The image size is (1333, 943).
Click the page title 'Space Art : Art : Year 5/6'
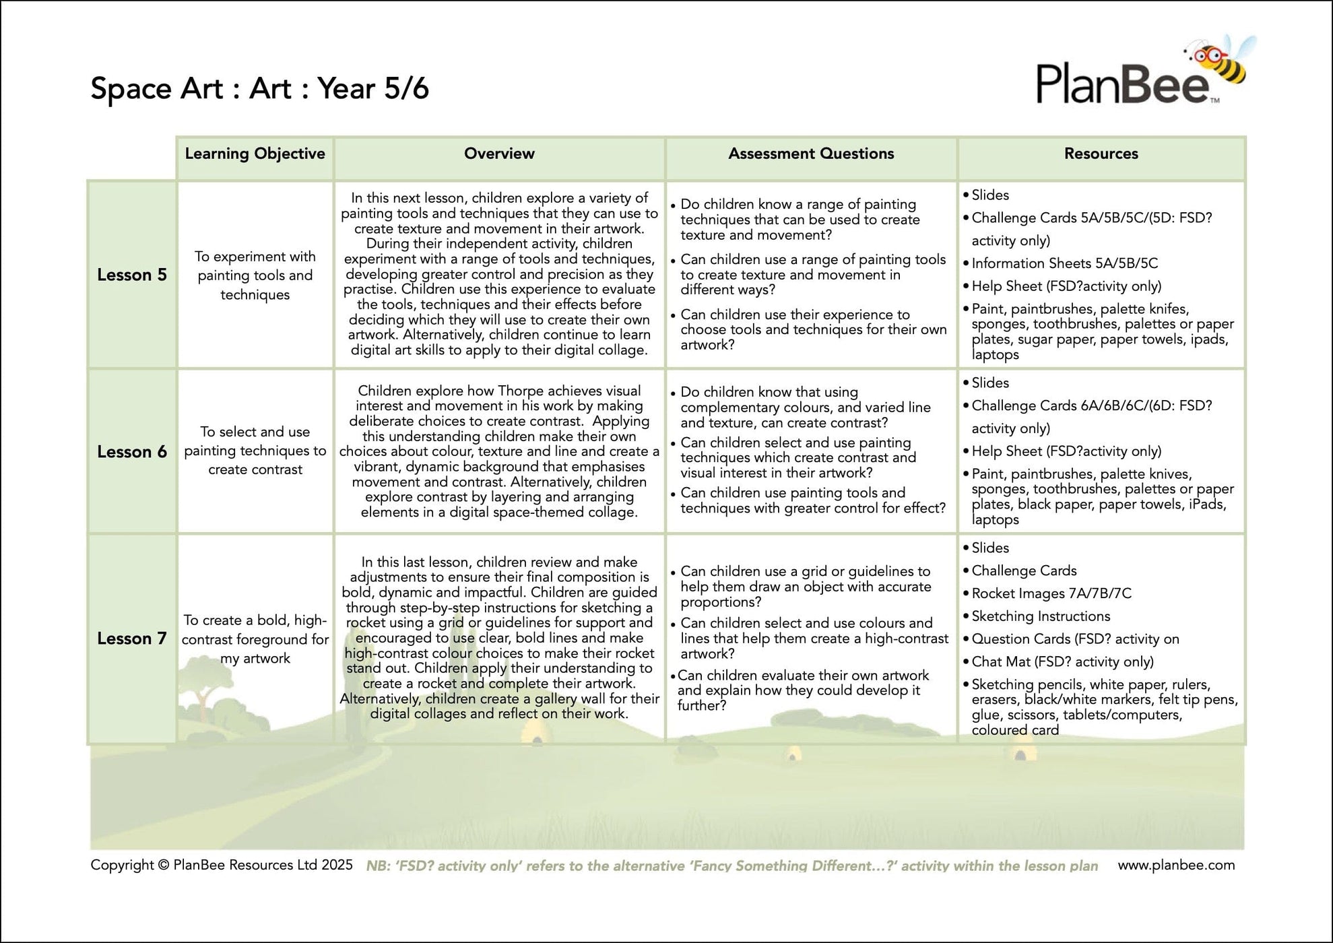pyautogui.click(x=259, y=88)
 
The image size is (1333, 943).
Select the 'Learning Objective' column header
pyautogui.click(x=255, y=154)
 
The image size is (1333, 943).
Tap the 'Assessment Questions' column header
pyautogui.click(x=811, y=154)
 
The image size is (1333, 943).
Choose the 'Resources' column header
pyautogui.click(x=1101, y=154)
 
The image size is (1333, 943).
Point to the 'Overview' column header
pyautogui.click(x=499, y=154)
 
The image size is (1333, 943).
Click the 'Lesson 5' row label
pyautogui.click(x=132, y=275)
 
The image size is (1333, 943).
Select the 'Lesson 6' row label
pyautogui.click(x=132, y=451)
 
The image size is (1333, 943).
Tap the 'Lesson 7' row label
pyautogui.click(x=132, y=639)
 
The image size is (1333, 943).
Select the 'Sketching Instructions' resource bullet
pyautogui.click(x=1041, y=616)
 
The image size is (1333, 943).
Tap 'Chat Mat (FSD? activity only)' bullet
pyautogui.click(x=1062, y=662)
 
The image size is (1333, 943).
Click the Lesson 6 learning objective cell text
pyautogui.click(x=255, y=451)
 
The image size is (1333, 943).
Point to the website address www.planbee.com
pyautogui.click(x=1176, y=865)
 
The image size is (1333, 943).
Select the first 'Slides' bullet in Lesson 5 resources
pyautogui.click(x=989, y=195)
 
